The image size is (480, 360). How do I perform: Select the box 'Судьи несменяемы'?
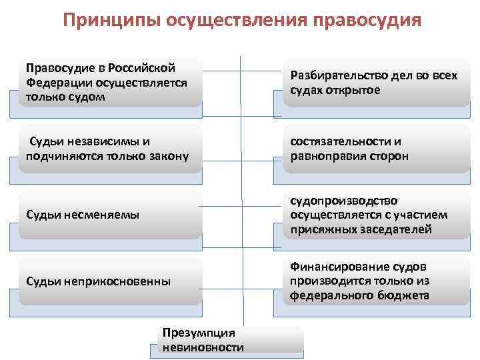pos(110,215)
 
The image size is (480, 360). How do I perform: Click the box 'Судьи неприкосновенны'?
pos(110,281)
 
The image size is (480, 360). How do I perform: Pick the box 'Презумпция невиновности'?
pos(230,339)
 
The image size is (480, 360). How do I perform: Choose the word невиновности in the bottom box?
pos(202,347)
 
